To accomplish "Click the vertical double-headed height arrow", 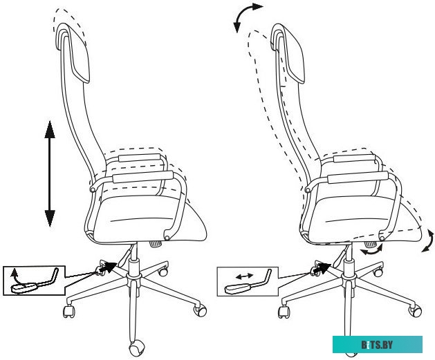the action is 50,173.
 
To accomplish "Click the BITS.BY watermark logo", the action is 378,345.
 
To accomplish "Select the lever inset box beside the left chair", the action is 34,281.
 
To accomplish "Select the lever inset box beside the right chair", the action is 247,281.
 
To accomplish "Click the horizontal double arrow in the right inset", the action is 244,276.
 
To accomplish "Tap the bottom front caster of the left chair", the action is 136,349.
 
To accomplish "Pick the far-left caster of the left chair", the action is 68,311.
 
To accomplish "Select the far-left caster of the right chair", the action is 284,312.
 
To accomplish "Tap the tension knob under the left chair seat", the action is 156,244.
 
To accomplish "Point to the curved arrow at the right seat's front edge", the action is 429,240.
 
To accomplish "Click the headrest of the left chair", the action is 73,53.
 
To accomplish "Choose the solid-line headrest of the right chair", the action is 288,53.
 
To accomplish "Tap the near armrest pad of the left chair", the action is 143,177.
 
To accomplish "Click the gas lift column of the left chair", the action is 133,258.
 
